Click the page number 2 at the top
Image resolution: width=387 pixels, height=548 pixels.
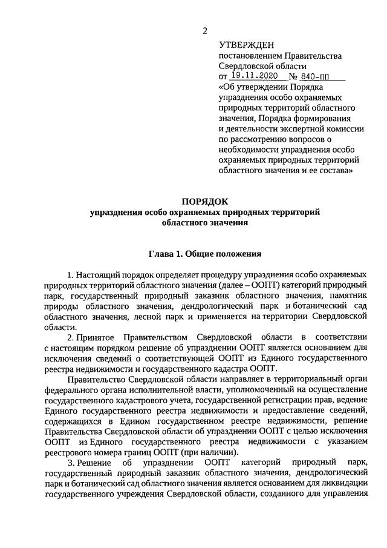tap(206, 31)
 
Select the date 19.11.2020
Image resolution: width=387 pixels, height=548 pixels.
tap(254, 77)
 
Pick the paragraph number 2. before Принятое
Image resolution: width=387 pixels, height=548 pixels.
tap(71, 337)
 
